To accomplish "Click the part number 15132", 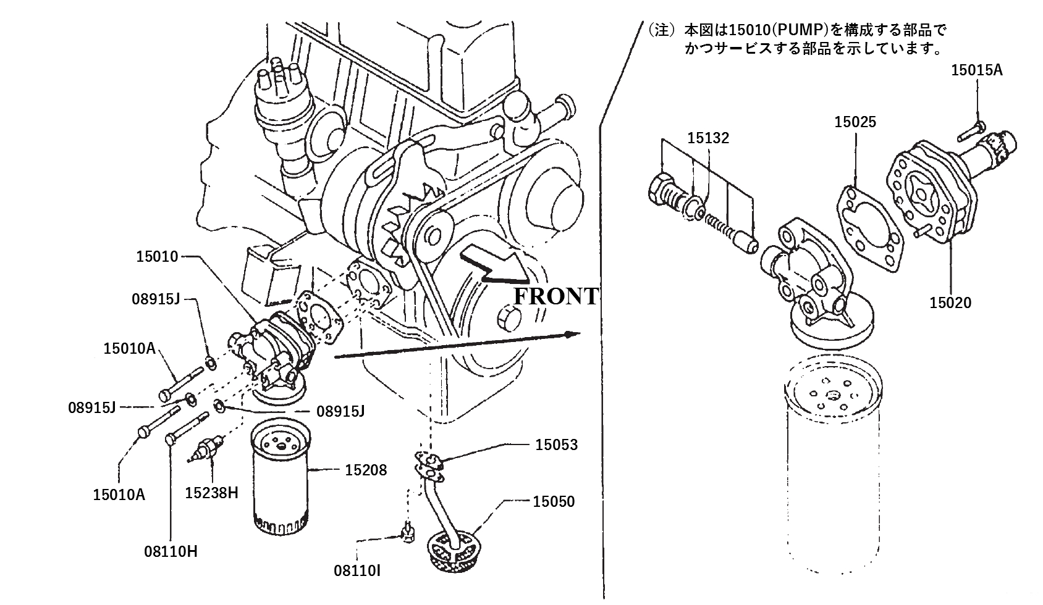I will tap(708, 138).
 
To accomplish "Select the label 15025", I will tap(855, 122).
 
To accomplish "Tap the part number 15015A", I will tap(976, 70).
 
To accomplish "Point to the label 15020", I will tap(950, 302).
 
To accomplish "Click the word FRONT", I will tap(556, 297).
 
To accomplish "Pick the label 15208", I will tap(366, 470).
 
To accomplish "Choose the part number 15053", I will tap(556, 444).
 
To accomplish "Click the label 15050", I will tap(553, 501).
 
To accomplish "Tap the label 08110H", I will tap(172, 551).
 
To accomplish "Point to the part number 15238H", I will tap(211, 493).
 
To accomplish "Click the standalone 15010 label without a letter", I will tap(157, 256).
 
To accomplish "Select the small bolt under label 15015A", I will tap(970, 131).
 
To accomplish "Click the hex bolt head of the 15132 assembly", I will tap(661, 187).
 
